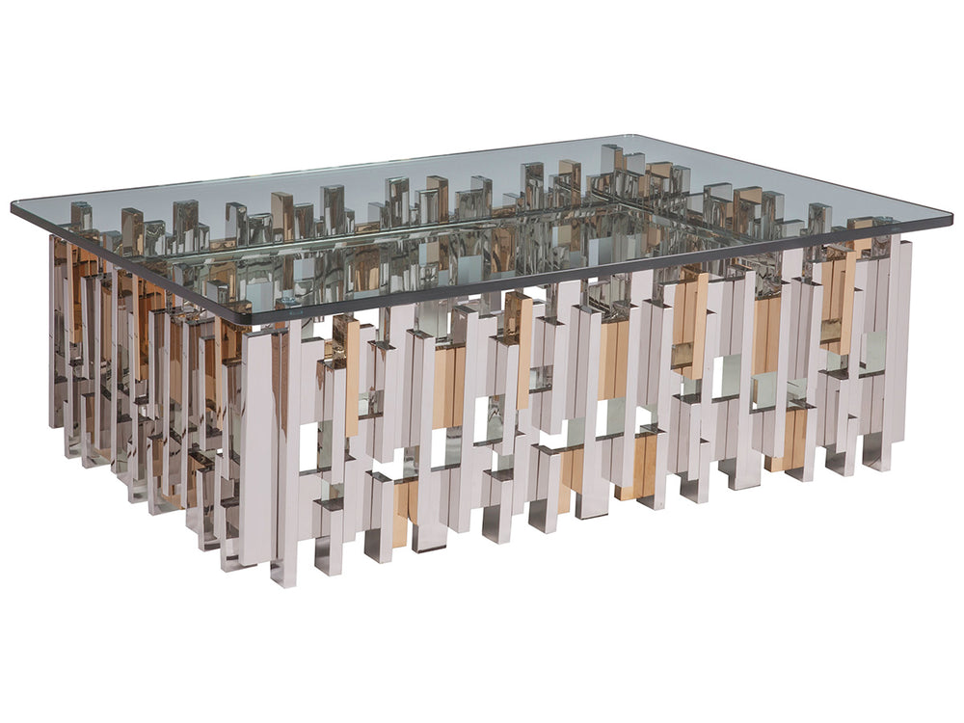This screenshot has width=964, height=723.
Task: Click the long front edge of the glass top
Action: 598,273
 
